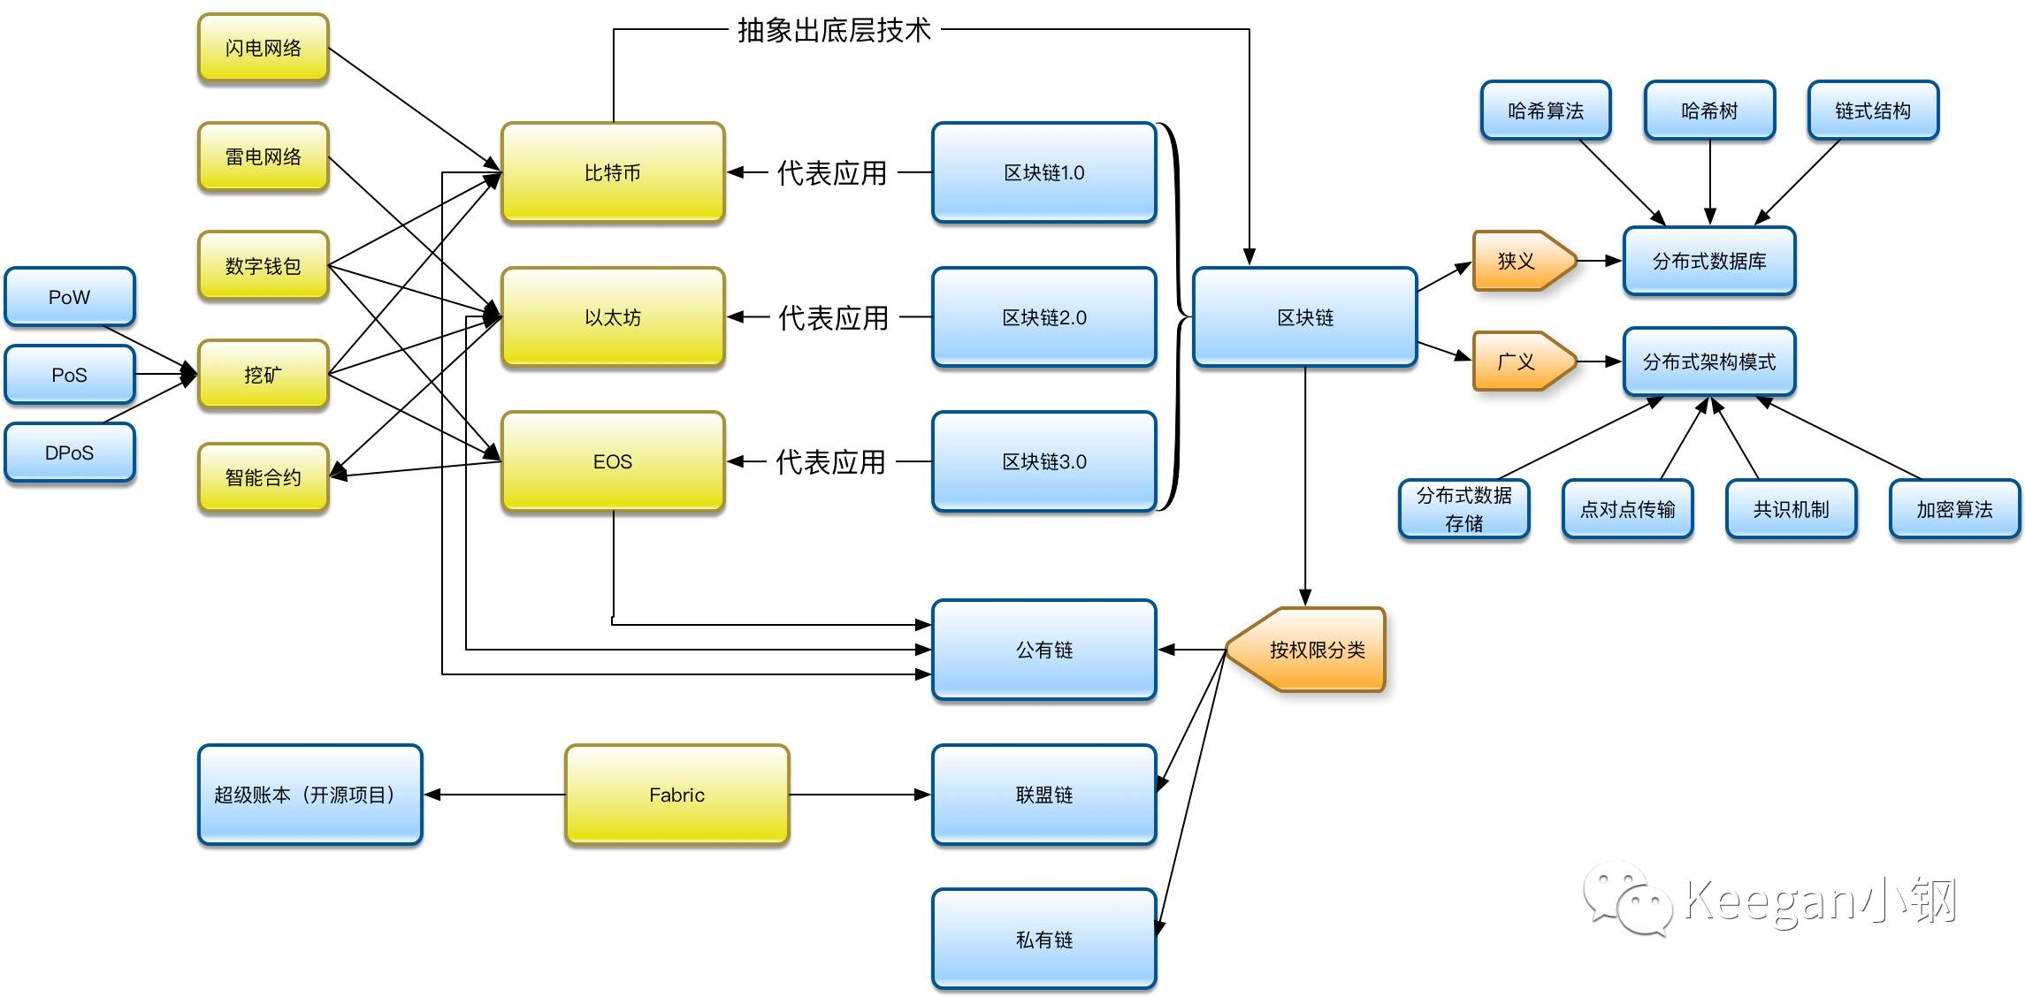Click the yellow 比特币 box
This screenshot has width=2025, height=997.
(x=613, y=172)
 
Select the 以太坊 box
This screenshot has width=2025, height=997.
(x=613, y=317)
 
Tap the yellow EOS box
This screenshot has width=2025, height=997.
(x=613, y=461)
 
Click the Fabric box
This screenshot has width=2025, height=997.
(x=676, y=795)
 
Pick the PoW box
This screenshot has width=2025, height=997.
(x=70, y=297)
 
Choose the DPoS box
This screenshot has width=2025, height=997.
(x=70, y=453)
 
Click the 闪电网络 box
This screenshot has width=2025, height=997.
(x=264, y=48)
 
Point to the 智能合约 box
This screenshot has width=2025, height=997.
(x=264, y=477)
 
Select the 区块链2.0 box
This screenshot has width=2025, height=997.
(x=1044, y=317)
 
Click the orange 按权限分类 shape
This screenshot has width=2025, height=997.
(x=1306, y=650)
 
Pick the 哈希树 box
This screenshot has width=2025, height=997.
(x=1709, y=110)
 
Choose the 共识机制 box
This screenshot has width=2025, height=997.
(x=1791, y=509)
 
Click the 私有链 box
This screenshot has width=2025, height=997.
(x=1044, y=939)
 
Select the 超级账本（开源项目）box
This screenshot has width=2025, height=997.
(x=310, y=795)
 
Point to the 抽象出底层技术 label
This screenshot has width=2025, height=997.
(x=834, y=30)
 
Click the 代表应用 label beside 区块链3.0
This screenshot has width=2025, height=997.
(x=830, y=462)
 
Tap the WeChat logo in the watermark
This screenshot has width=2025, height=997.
(x=1627, y=898)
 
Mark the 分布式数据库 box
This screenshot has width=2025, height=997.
(x=1709, y=261)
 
